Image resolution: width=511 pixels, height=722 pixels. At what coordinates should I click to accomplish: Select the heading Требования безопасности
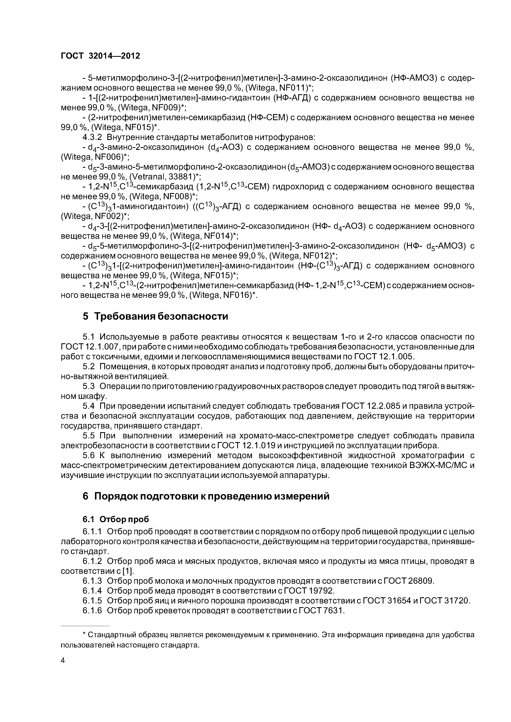161,316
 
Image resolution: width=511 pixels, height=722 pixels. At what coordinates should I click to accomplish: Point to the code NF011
290,88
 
